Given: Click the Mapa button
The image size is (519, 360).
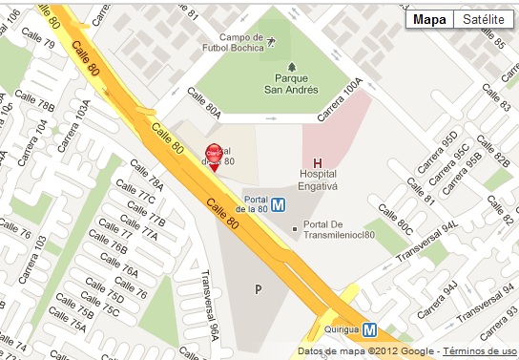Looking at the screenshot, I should (x=427, y=20).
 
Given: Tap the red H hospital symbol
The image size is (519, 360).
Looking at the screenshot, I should (x=317, y=162).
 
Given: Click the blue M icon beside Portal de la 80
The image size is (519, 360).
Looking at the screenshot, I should (x=280, y=203).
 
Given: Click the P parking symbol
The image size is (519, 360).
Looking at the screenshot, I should (x=257, y=288).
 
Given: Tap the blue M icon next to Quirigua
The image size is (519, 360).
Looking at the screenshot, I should (x=369, y=329).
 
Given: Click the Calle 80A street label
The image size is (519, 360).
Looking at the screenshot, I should (x=204, y=102).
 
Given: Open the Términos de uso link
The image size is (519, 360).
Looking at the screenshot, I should (x=481, y=351).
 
